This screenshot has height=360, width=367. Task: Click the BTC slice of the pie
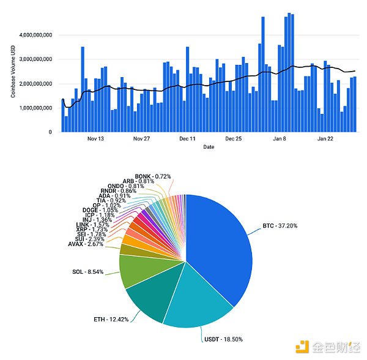click(x=220, y=245)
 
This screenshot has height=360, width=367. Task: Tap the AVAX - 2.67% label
click(x=85, y=244)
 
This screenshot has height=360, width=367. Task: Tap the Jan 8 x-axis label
click(x=280, y=139)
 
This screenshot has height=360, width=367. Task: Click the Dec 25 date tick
click(x=233, y=139)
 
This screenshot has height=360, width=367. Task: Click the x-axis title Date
click(x=209, y=147)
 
